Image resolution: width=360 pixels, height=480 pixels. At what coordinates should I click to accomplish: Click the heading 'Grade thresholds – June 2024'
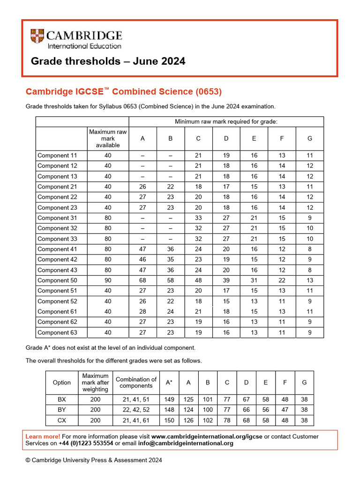(x=108, y=61)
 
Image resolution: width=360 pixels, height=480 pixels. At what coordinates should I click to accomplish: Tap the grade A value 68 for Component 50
(x=142, y=280)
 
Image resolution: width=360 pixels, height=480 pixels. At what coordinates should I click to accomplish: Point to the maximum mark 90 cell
(x=108, y=280)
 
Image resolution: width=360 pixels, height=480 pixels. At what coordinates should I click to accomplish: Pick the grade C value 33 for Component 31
(x=198, y=218)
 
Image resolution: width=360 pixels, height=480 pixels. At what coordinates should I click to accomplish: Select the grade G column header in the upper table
(x=309, y=138)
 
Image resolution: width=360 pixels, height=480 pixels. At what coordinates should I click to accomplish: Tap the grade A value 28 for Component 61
(x=142, y=312)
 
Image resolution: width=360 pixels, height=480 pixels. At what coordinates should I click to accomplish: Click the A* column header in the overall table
(x=169, y=382)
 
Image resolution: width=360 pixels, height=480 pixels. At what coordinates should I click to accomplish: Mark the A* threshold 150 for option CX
(x=169, y=420)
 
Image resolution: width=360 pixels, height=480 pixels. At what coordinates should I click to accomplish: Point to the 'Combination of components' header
(x=136, y=382)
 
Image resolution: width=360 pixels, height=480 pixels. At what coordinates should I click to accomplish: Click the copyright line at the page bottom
(x=94, y=460)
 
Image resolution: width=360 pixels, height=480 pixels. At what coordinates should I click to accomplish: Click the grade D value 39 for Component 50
(x=226, y=280)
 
